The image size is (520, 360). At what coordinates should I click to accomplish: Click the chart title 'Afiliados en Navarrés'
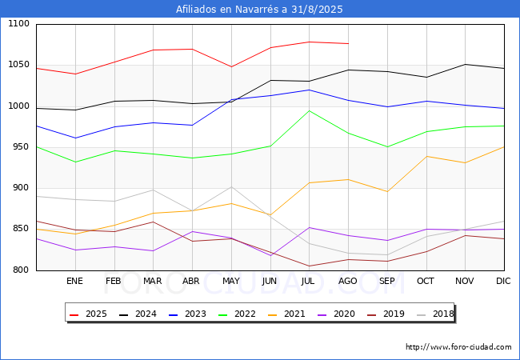click(260, 10)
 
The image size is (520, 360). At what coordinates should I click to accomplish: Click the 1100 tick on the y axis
click(18, 24)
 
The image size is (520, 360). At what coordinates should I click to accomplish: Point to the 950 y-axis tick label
click(21, 147)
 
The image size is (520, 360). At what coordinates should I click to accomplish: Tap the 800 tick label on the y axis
click(21, 270)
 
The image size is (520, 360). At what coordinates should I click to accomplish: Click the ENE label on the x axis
click(74, 281)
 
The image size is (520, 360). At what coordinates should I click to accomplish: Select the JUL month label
click(309, 281)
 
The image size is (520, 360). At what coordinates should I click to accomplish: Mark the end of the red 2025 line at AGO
click(348, 43)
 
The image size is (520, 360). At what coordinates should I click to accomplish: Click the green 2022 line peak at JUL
click(309, 110)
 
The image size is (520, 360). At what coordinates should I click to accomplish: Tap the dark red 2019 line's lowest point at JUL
click(309, 266)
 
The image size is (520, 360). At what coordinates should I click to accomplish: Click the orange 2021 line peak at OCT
click(426, 156)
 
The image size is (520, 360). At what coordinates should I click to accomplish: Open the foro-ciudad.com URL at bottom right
click(458, 347)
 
